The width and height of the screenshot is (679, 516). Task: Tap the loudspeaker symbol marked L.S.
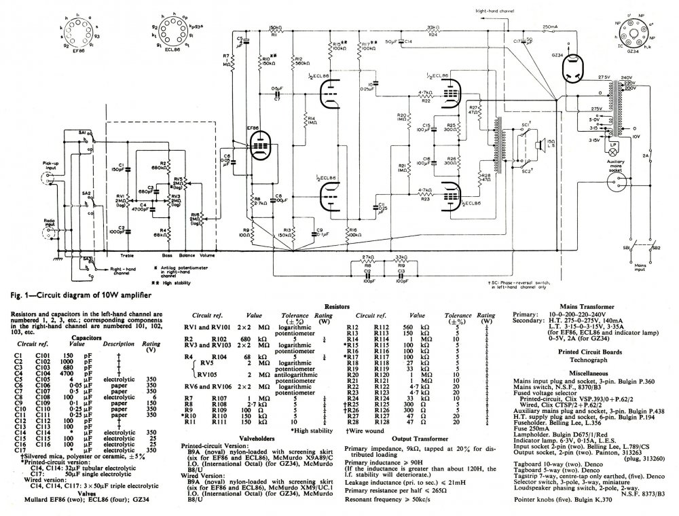[535, 145]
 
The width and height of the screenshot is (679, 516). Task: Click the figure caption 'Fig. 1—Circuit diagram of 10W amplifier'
[77, 295]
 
